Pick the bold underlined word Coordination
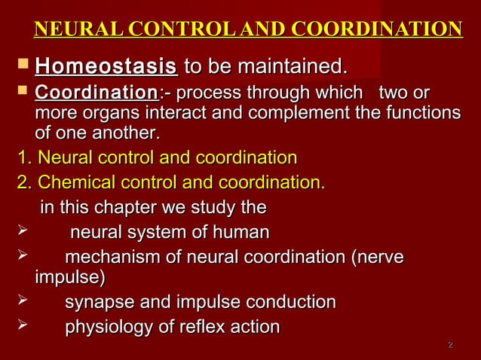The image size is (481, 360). click(x=93, y=95)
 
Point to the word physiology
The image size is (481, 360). click(x=107, y=328)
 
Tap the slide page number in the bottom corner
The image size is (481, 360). click(x=450, y=346)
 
